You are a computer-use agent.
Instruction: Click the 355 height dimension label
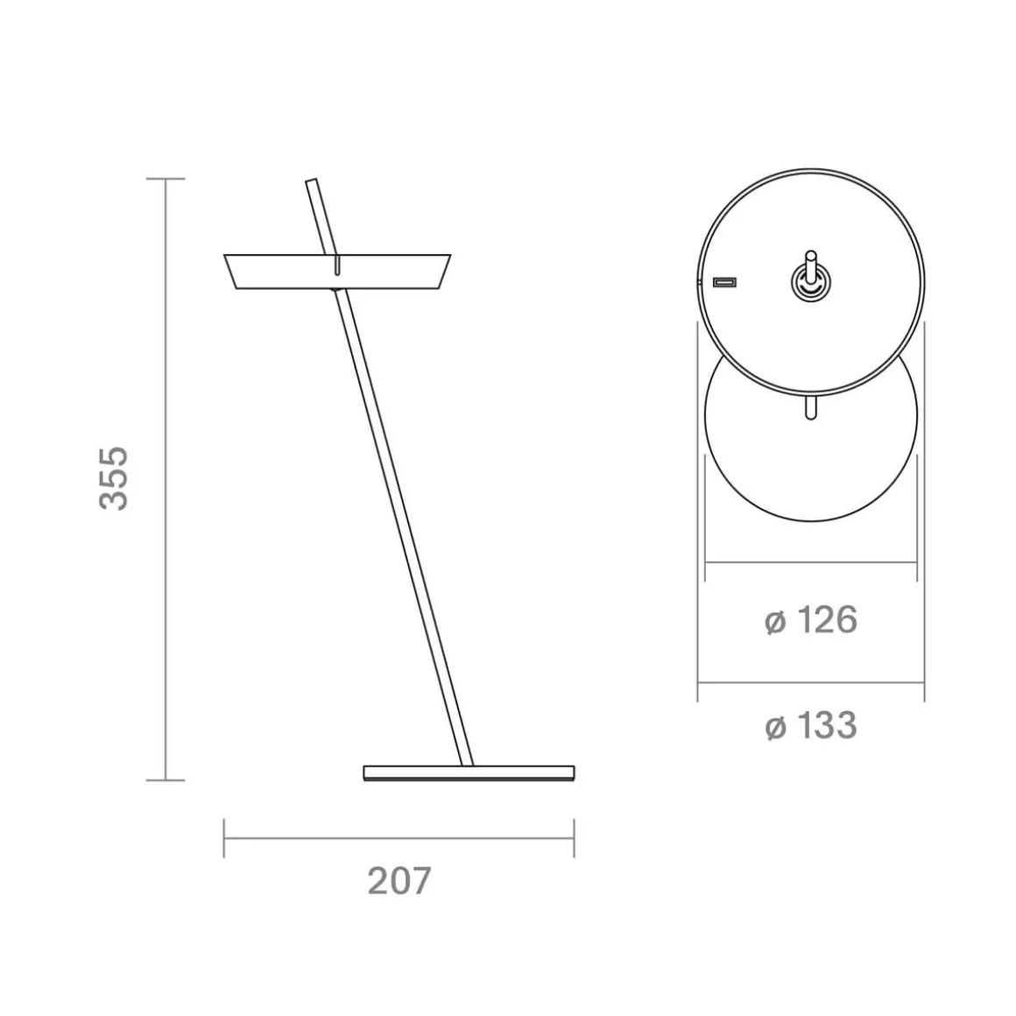click(x=114, y=478)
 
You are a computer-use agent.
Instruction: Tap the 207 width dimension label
click(x=399, y=880)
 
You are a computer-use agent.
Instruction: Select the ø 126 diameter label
click(x=810, y=620)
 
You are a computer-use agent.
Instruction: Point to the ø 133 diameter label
click(x=810, y=725)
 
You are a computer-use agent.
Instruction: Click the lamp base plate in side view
click(x=469, y=773)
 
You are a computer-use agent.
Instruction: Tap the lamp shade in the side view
click(x=337, y=272)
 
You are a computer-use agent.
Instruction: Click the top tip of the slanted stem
click(x=311, y=180)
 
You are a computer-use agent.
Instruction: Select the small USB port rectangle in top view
click(x=724, y=282)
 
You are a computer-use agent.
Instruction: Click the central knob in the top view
click(x=810, y=281)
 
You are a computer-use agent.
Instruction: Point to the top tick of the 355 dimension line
click(x=166, y=179)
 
